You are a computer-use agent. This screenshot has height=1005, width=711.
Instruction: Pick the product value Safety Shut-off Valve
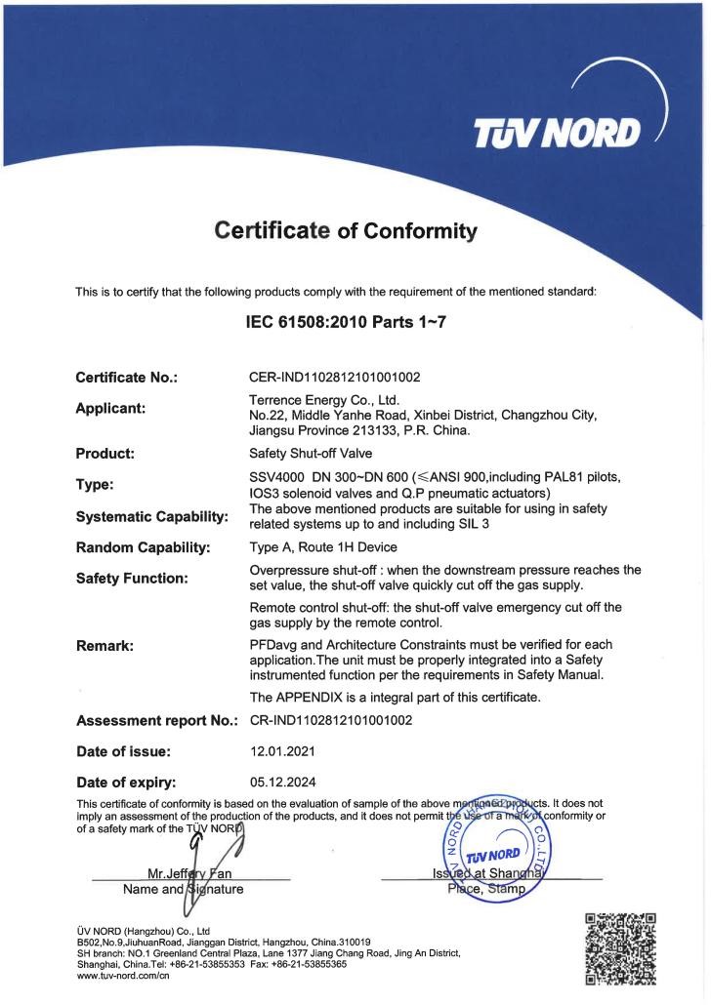click(309, 454)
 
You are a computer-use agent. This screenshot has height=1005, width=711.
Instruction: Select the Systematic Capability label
click(151, 515)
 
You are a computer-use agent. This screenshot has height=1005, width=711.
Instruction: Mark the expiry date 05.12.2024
click(283, 782)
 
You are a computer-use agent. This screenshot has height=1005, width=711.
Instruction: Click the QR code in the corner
click(619, 947)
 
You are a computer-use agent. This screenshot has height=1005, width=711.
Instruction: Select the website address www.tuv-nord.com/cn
click(123, 977)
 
